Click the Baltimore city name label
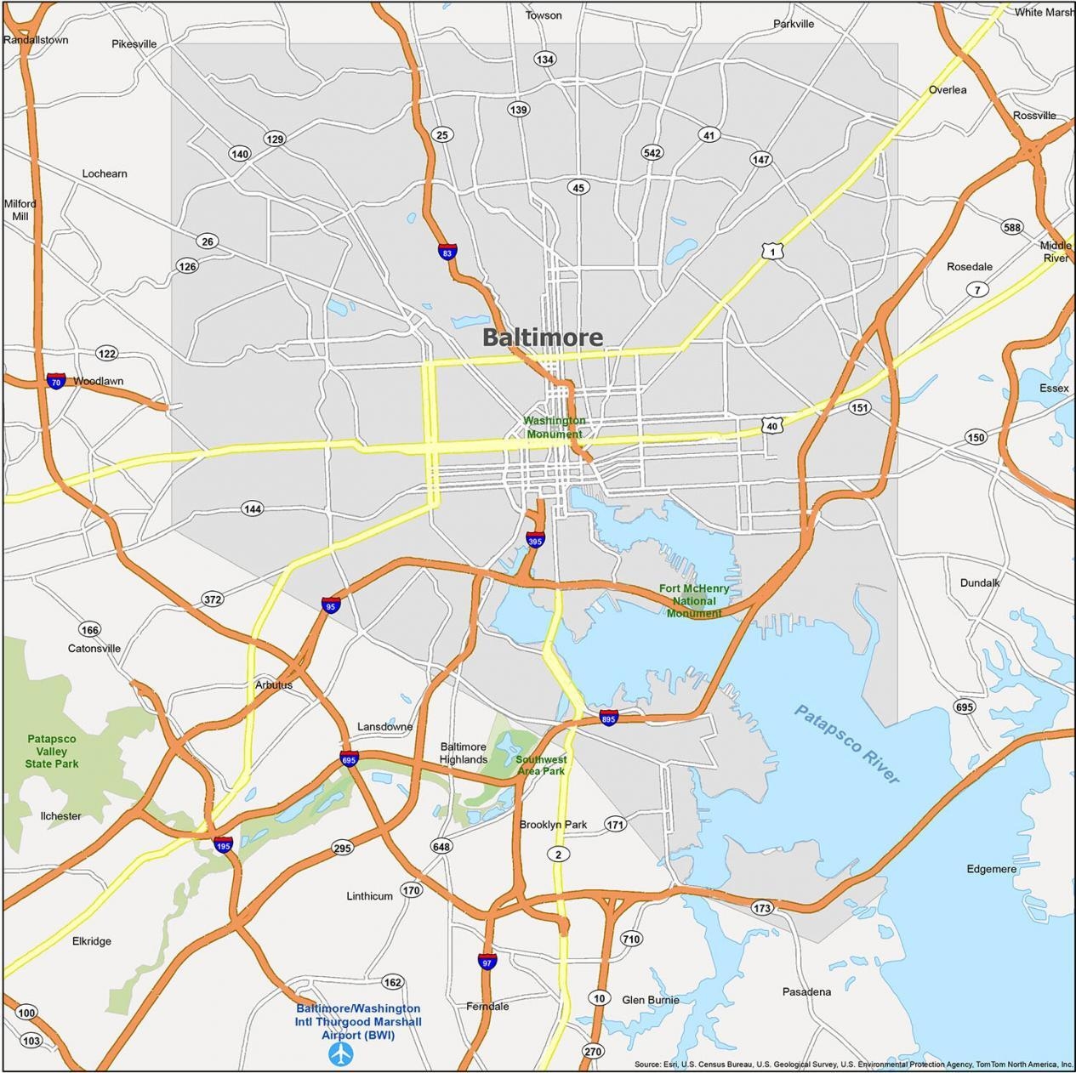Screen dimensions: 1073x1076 [543, 338]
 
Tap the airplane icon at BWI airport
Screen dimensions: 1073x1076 [341, 1054]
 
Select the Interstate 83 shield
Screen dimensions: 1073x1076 [447, 252]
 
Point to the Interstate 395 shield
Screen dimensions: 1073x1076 [535, 540]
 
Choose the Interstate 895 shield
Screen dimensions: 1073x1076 [608, 717]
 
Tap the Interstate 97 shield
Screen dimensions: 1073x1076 [487, 962]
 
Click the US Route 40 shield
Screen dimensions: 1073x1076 [771, 424]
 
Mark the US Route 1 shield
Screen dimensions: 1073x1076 [771, 251]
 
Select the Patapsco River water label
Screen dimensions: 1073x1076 [846, 744]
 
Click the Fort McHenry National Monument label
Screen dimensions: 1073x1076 [694, 600]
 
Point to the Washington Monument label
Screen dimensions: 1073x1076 [554, 427]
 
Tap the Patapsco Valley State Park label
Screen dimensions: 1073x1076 [51, 751]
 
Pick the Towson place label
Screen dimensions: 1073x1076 [544, 15]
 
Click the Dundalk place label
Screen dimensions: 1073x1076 [980, 582]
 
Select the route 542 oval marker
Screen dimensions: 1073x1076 [652, 153]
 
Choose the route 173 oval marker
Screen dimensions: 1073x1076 [762, 908]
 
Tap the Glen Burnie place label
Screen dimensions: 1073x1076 [651, 1000]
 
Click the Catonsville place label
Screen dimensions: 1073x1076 [94, 648]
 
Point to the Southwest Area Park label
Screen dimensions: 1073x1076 [541, 764]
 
